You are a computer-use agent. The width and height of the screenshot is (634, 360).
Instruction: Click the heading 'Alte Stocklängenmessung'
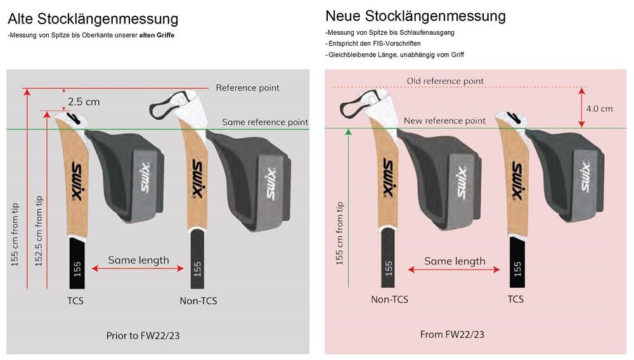click(93, 19)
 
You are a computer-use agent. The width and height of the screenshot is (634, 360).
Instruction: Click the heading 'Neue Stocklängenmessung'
click(415, 15)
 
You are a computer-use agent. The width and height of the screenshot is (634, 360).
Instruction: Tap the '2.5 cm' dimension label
click(84, 101)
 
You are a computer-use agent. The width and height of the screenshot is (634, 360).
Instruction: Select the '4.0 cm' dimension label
click(599, 108)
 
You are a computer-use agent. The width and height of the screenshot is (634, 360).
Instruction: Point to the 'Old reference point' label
click(445, 81)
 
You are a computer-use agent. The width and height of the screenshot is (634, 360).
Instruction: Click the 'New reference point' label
click(444, 120)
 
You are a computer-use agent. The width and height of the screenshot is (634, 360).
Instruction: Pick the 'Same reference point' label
click(265, 122)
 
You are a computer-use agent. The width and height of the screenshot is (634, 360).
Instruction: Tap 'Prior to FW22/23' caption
click(147, 335)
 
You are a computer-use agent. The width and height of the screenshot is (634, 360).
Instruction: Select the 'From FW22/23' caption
click(453, 334)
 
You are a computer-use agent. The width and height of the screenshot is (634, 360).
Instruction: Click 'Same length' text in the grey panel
click(138, 260)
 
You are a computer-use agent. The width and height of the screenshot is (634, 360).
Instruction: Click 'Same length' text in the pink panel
click(455, 261)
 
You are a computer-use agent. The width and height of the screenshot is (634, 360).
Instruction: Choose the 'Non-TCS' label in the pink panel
click(389, 299)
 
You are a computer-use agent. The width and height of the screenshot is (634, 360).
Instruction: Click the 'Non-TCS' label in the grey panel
click(198, 300)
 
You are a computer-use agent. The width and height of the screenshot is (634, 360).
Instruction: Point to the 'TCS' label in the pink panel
click(515, 299)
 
